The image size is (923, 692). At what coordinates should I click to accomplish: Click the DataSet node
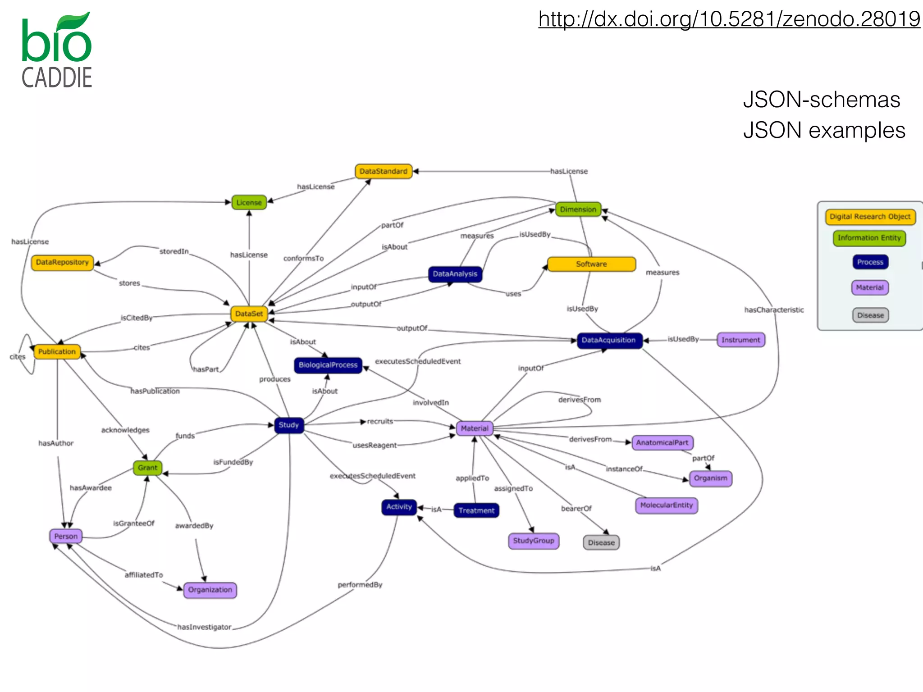(x=249, y=314)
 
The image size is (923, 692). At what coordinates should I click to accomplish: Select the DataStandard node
(x=384, y=172)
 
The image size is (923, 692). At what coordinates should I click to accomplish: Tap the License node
(x=249, y=203)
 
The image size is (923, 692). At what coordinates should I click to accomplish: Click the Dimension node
(x=578, y=209)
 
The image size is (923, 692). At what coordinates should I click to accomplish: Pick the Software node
(x=591, y=264)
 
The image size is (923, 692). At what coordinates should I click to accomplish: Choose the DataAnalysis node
(x=455, y=274)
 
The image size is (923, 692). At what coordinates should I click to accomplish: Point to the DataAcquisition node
(x=609, y=340)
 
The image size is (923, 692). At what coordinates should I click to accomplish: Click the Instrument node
(x=740, y=340)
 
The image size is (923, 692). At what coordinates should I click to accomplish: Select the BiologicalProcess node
(x=328, y=365)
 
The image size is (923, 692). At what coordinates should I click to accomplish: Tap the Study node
(x=289, y=425)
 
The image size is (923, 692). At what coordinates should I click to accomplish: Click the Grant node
(x=148, y=468)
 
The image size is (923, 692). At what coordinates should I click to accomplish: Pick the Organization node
(x=210, y=590)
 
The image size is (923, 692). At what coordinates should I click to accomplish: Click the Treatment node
(x=476, y=511)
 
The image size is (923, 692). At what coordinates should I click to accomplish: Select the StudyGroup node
(x=534, y=541)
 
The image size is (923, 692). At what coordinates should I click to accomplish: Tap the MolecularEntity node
(x=666, y=505)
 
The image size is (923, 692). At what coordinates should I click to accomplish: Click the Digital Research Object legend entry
(x=870, y=217)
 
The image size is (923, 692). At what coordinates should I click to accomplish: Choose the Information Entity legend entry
(x=869, y=238)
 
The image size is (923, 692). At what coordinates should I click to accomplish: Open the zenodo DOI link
(x=729, y=19)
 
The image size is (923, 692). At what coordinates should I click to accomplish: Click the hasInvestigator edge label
(x=204, y=627)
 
